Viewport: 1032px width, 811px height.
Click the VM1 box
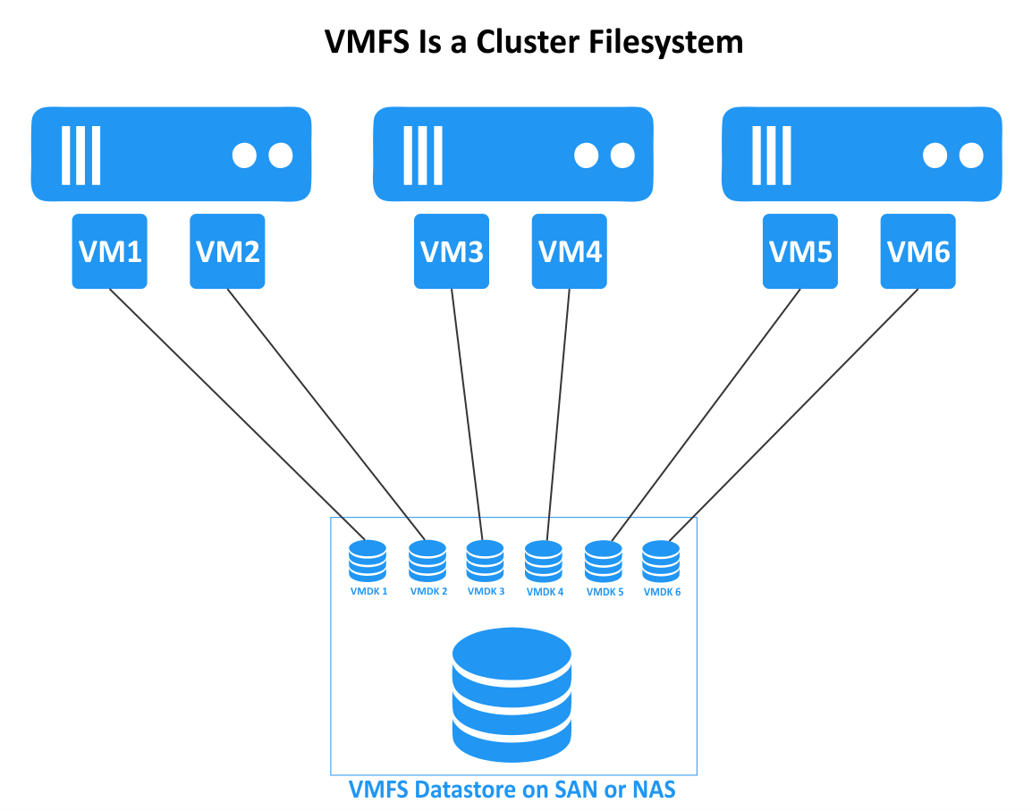point(110,251)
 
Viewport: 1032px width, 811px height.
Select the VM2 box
point(227,251)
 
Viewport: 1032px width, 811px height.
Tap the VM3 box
point(452,251)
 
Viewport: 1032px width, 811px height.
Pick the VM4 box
point(570,251)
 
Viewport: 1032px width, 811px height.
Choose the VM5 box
point(800,251)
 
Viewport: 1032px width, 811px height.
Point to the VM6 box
point(918,251)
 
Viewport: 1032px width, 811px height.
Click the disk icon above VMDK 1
point(368,561)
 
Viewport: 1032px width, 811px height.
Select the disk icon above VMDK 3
point(485,561)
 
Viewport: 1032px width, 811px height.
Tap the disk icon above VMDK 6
point(661,561)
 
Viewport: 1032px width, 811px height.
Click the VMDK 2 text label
point(428,591)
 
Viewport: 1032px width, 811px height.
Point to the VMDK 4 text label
point(545,591)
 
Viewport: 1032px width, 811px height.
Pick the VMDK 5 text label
point(605,591)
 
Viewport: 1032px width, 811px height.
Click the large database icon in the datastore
point(512,694)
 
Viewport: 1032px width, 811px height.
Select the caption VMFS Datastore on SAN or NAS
point(512,790)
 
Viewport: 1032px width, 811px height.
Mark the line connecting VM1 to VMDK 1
point(238,415)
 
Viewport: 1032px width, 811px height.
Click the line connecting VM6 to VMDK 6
point(793,415)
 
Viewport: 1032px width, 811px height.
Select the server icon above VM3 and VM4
point(512,155)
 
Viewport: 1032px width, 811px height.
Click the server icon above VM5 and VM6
point(861,155)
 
